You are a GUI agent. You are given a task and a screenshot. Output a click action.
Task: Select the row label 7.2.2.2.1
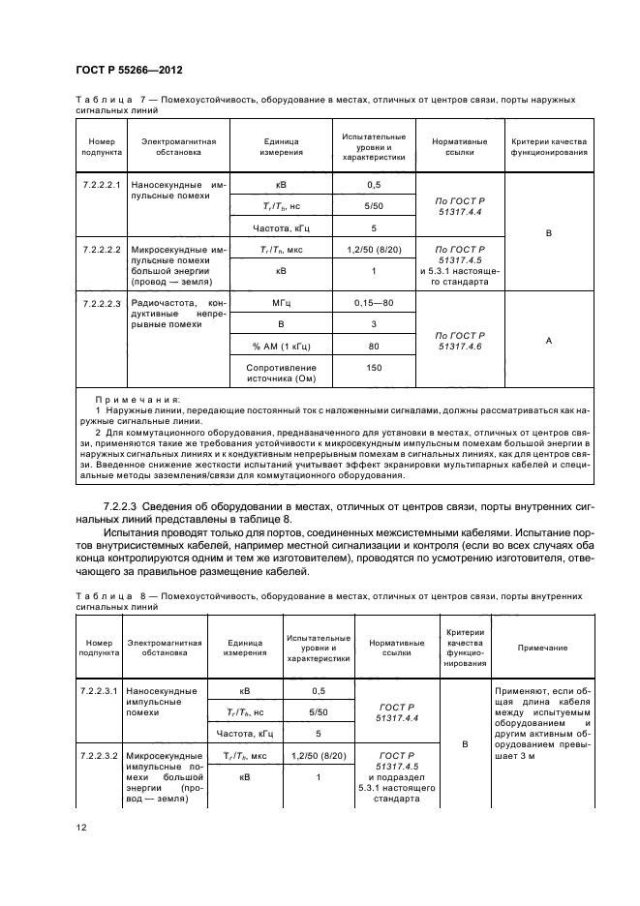click(x=102, y=183)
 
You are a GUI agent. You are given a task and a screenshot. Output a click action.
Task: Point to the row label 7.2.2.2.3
click(x=102, y=303)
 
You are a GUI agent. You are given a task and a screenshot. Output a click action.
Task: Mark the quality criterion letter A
click(x=548, y=340)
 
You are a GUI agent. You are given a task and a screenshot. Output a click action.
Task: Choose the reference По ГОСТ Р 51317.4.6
click(x=460, y=340)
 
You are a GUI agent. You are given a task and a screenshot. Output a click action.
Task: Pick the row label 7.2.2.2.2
click(x=102, y=249)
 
